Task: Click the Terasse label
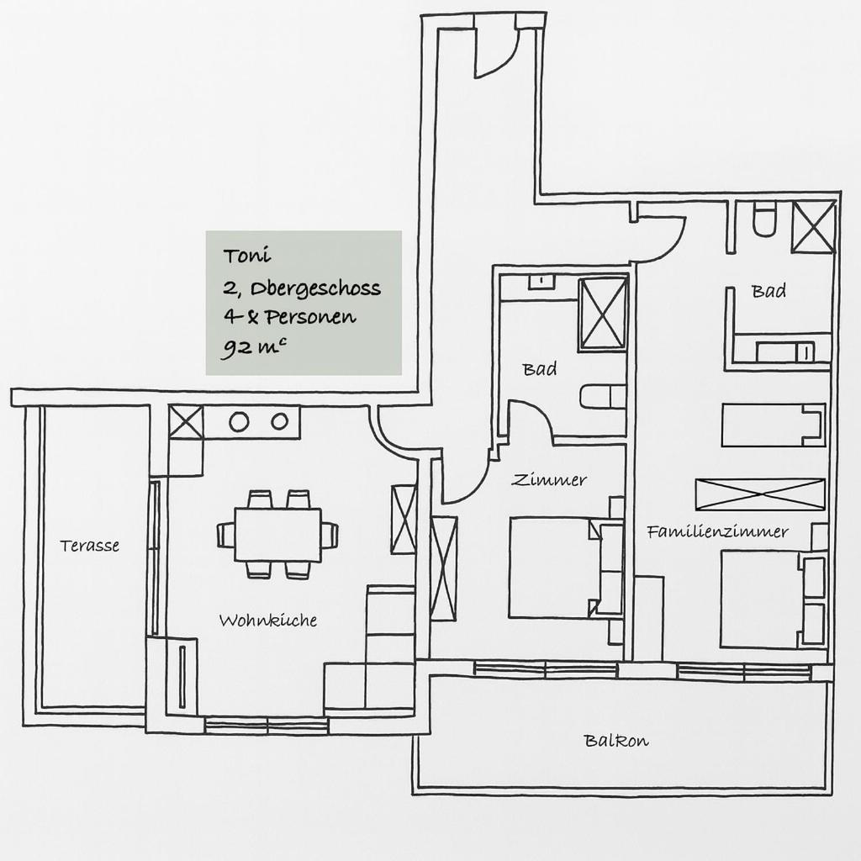point(89,545)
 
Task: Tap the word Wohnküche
point(268,621)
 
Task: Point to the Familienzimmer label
point(718,531)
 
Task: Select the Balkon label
point(616,741)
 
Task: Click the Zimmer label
point(548,480)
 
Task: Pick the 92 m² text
point(253,347)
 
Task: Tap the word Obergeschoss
point(315,289)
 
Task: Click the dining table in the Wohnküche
point(277,534)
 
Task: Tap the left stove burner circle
point(239,422)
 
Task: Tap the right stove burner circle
point(279,421)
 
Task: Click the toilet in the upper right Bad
point(763,219)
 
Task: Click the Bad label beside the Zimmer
point(539,368)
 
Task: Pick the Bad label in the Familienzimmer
point(769,290)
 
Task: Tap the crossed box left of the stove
point(186,422)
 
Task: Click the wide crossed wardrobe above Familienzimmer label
point(760,494)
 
